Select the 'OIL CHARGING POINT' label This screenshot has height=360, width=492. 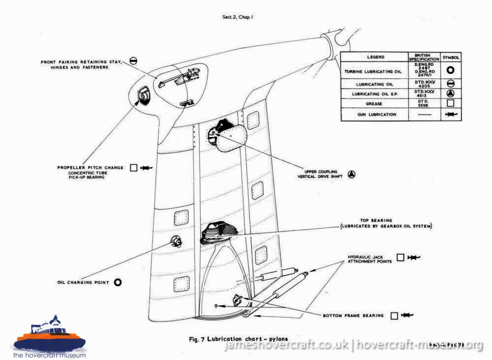tap(83, 283)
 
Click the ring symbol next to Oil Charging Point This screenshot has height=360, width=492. tap(117, 282)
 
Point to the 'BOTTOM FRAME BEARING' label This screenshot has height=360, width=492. tap(354, 316)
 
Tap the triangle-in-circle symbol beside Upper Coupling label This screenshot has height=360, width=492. tap(352, 175)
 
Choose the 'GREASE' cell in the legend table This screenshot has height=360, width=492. tap(374, 103)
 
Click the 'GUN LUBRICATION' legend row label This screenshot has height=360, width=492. tap(374, 114)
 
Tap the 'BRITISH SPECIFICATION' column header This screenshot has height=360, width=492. tap(424, 57)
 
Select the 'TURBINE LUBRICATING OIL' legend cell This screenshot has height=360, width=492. tap(374, 71)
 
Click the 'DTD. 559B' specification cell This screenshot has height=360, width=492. tap(424, 103)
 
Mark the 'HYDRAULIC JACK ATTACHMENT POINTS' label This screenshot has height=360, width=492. tap(370, 259)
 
